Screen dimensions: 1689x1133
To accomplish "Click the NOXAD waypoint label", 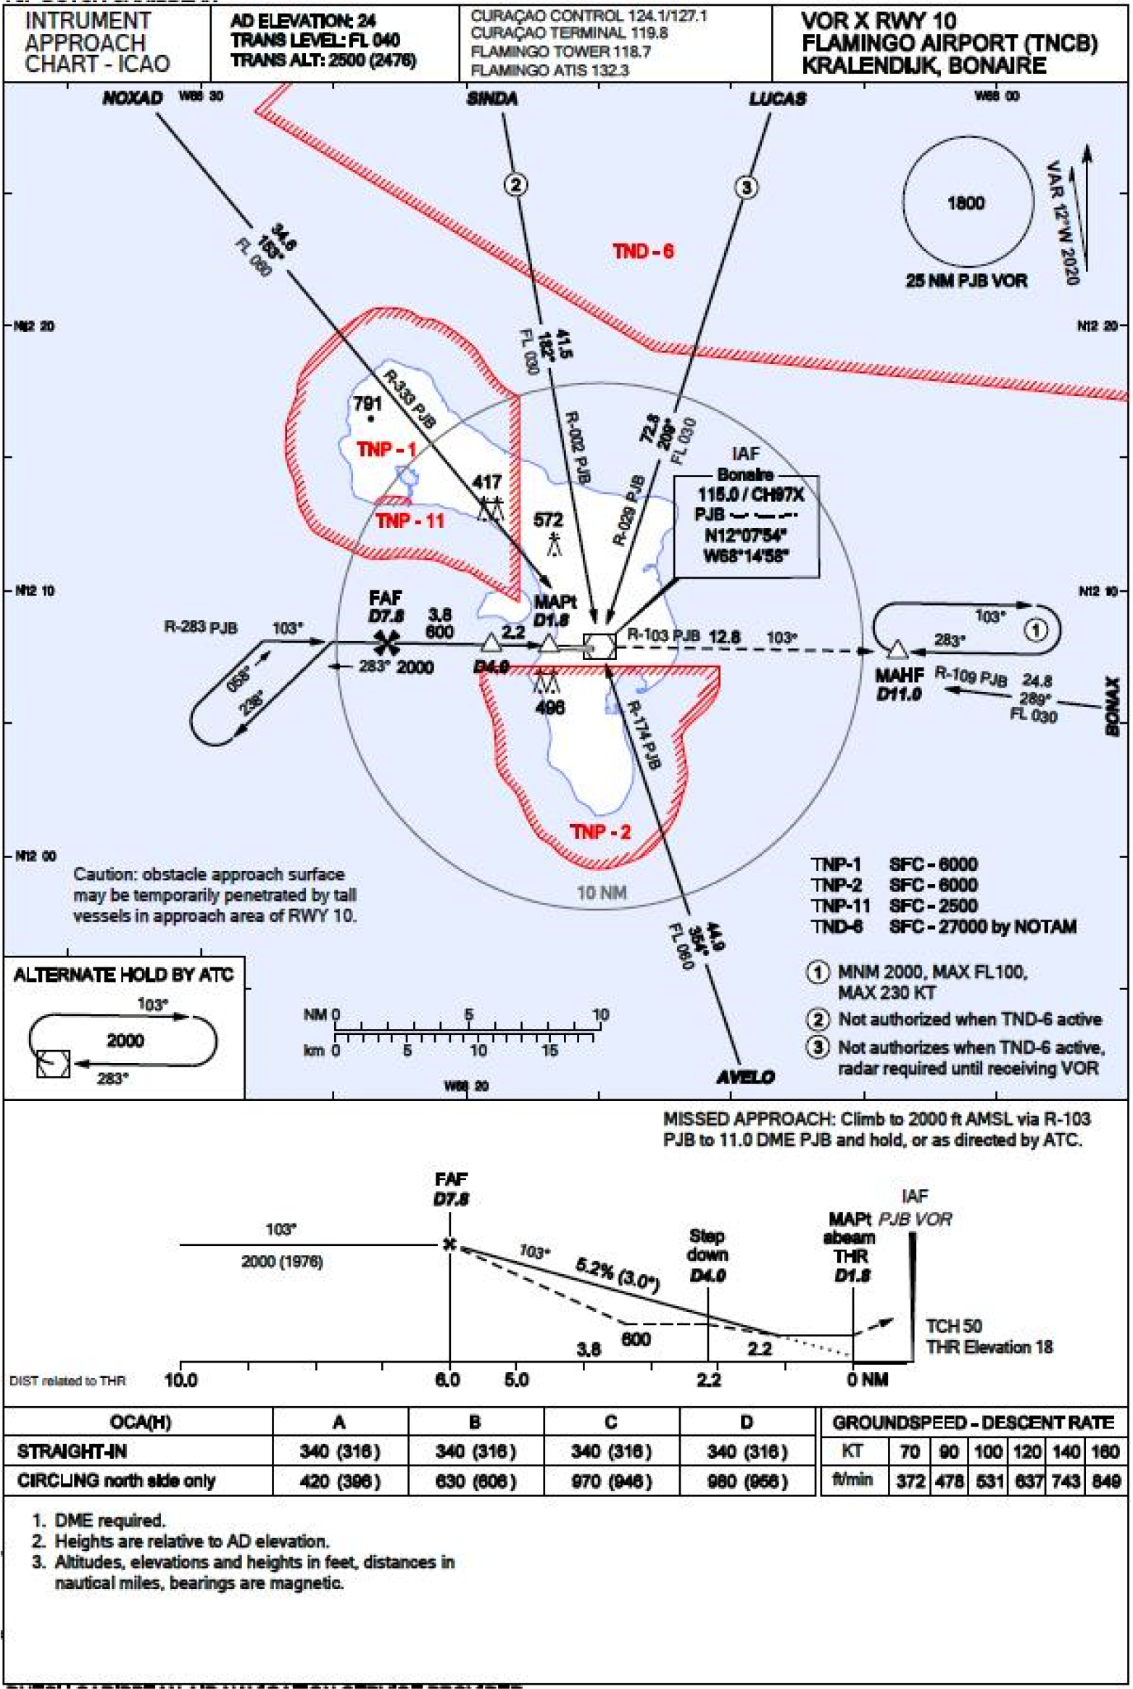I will point(132,98).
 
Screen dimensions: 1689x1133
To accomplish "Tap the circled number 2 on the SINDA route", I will point(515,185).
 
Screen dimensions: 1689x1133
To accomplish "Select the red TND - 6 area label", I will point(643,252).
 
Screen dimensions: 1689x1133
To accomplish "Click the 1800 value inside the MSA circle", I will point(966,203).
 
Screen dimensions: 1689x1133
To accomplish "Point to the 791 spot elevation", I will point(368,403).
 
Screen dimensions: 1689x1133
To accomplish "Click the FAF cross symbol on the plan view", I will point(387,643).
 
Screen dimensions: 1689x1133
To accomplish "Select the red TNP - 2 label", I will point(600,832).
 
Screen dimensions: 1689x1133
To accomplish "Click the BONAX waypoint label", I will point(1112,706).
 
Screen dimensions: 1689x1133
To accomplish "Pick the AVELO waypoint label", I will point(745,1078).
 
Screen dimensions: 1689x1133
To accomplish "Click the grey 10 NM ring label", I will point(601,893).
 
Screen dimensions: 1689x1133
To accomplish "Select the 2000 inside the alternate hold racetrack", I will point(125,1041).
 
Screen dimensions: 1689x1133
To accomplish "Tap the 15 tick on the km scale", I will point(549,1051).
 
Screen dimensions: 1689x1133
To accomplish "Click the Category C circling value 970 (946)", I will point(611,1481).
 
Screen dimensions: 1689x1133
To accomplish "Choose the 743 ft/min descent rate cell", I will point(1066,1481).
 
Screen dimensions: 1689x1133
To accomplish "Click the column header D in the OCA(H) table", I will point(747,1422).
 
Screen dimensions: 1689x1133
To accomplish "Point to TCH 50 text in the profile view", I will point(953,1326).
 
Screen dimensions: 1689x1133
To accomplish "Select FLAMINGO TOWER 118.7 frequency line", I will point(560,51).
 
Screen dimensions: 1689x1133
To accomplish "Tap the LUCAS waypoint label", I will point(777,99).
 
